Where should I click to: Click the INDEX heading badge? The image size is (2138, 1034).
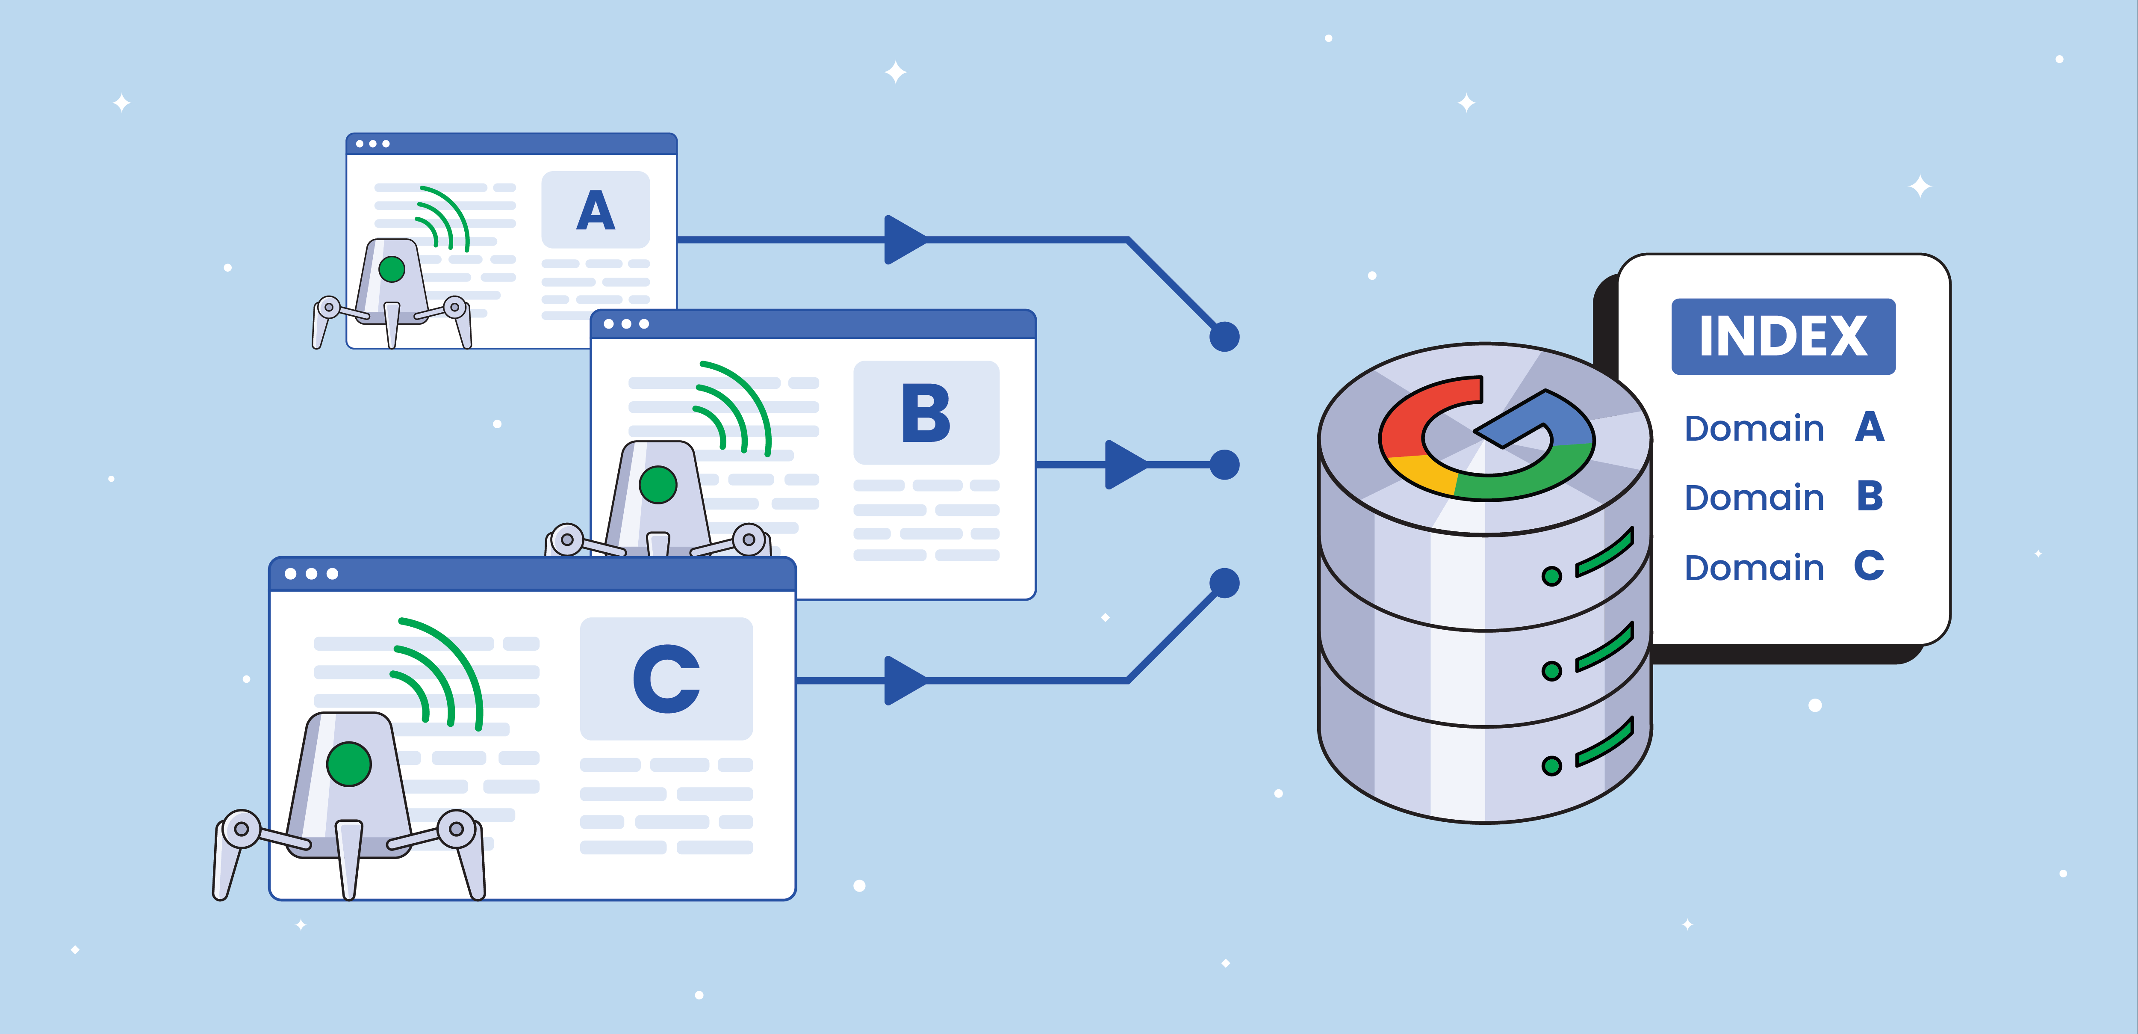coord(1783,336)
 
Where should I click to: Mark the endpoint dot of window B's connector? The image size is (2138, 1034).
coord(1224,465)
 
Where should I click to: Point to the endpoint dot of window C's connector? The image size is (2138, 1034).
coord(1224,583)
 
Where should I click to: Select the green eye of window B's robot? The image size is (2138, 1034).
coord(658,484)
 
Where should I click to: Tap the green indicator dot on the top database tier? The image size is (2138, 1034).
coord(1551,575)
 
